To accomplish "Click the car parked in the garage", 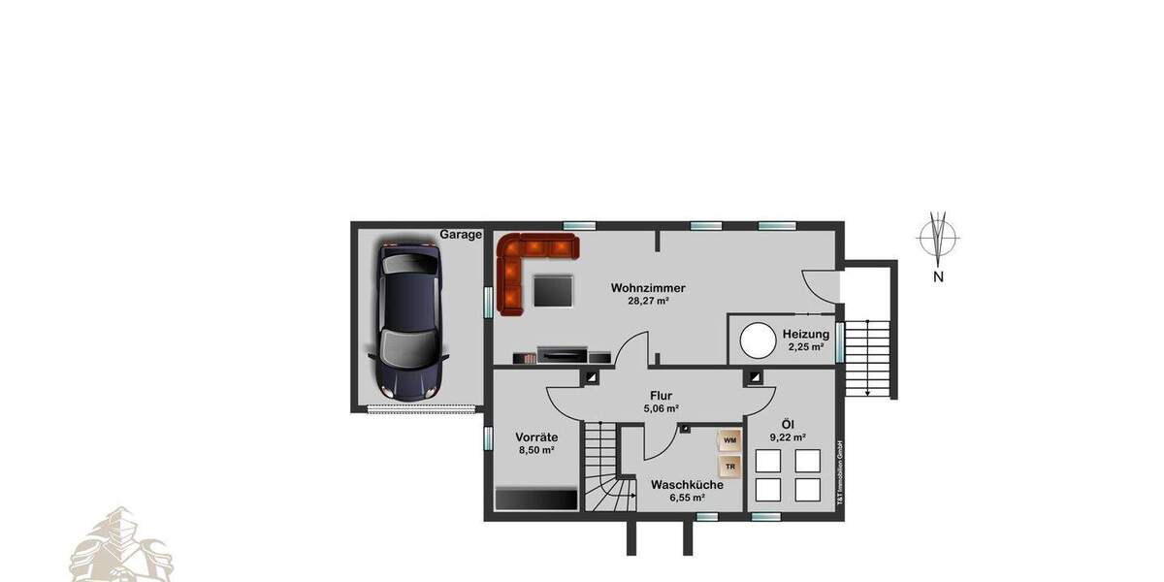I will (411, 322).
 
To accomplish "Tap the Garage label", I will (461, 235).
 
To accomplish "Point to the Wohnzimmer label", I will (648, 288).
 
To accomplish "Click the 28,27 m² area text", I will (648, 302).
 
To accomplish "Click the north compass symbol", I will (938, 236).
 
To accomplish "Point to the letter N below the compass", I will (938, 276).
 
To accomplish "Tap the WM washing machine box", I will (729, 441).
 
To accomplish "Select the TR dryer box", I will (729, 467).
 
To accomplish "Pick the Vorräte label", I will (534, 437).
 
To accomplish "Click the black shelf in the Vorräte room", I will (536, 498).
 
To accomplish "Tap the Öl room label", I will (788, 425).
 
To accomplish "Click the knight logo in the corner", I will (120, 549).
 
